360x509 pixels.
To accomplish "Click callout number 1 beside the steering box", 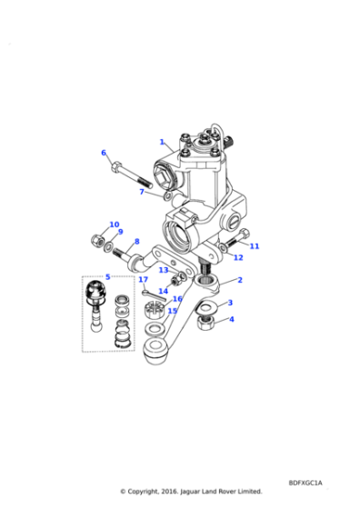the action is [x=162, y=142].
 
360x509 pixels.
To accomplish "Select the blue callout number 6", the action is [x=104, y=153].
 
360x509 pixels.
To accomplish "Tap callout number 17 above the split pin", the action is [x=143, y=280].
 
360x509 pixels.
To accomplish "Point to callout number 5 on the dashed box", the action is [x=108, y=277].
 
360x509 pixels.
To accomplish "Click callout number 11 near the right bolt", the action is [x=255, y=246].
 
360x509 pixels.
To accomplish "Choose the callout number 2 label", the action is [x=240, y=280].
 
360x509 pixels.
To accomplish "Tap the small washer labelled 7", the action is [x=168, y=196].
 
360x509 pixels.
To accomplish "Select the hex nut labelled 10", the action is [x=97, y=241].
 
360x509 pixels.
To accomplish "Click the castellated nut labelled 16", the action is [x=154, y=310].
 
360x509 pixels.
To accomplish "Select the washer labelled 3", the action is [x=205, y=308].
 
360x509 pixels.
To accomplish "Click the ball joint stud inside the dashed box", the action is [x=95, y=306].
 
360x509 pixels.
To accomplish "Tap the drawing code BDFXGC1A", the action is [x=305, y=483].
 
